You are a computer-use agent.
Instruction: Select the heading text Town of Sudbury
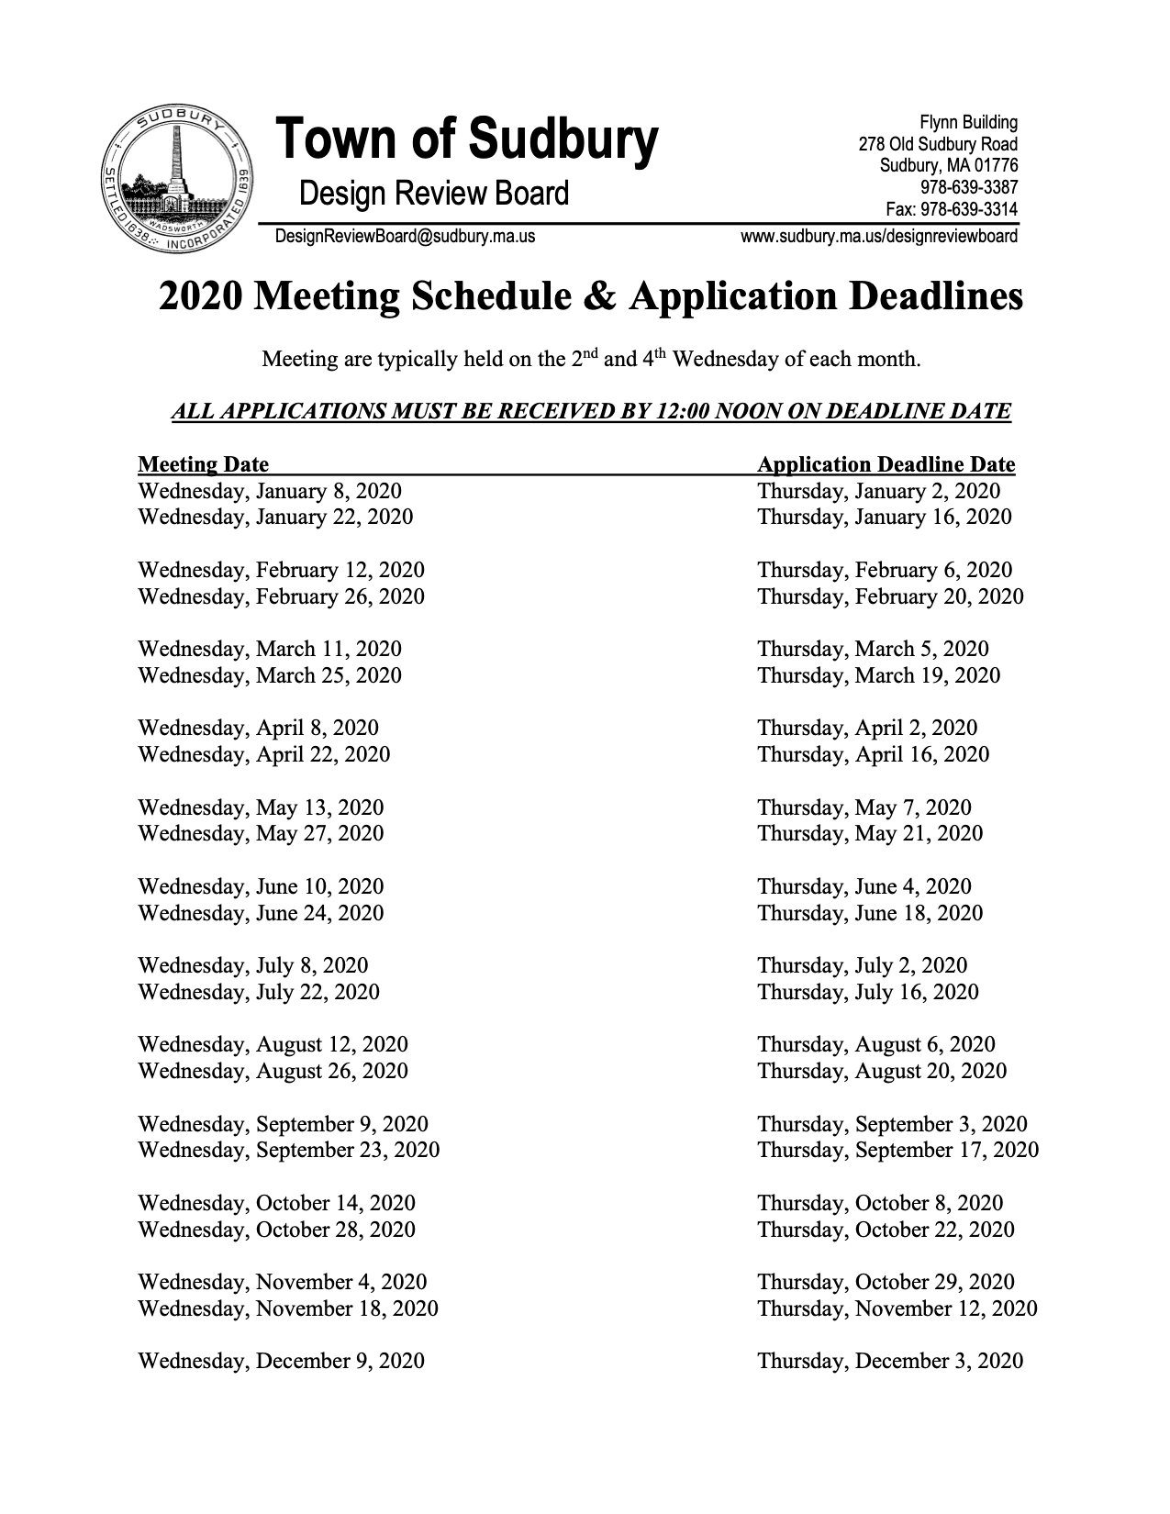466,140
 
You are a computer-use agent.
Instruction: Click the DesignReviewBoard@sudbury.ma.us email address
405,237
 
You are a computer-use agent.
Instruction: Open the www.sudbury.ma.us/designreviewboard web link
878,237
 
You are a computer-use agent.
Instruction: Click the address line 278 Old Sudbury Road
938,144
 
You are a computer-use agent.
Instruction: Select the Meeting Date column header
203,464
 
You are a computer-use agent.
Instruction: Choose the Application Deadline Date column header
886,464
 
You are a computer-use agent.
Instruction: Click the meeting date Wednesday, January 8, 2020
269,491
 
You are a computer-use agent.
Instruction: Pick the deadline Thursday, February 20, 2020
890,596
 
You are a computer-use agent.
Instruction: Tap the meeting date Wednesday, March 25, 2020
269,675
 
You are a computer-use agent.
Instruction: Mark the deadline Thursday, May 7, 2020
864,807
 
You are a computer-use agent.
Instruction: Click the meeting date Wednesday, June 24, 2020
261,913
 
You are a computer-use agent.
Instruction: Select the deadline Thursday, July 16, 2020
867,992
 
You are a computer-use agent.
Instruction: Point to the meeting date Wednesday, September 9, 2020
283,1124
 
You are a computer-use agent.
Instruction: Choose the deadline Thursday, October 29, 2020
886,1282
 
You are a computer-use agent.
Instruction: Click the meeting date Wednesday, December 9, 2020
281,1361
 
